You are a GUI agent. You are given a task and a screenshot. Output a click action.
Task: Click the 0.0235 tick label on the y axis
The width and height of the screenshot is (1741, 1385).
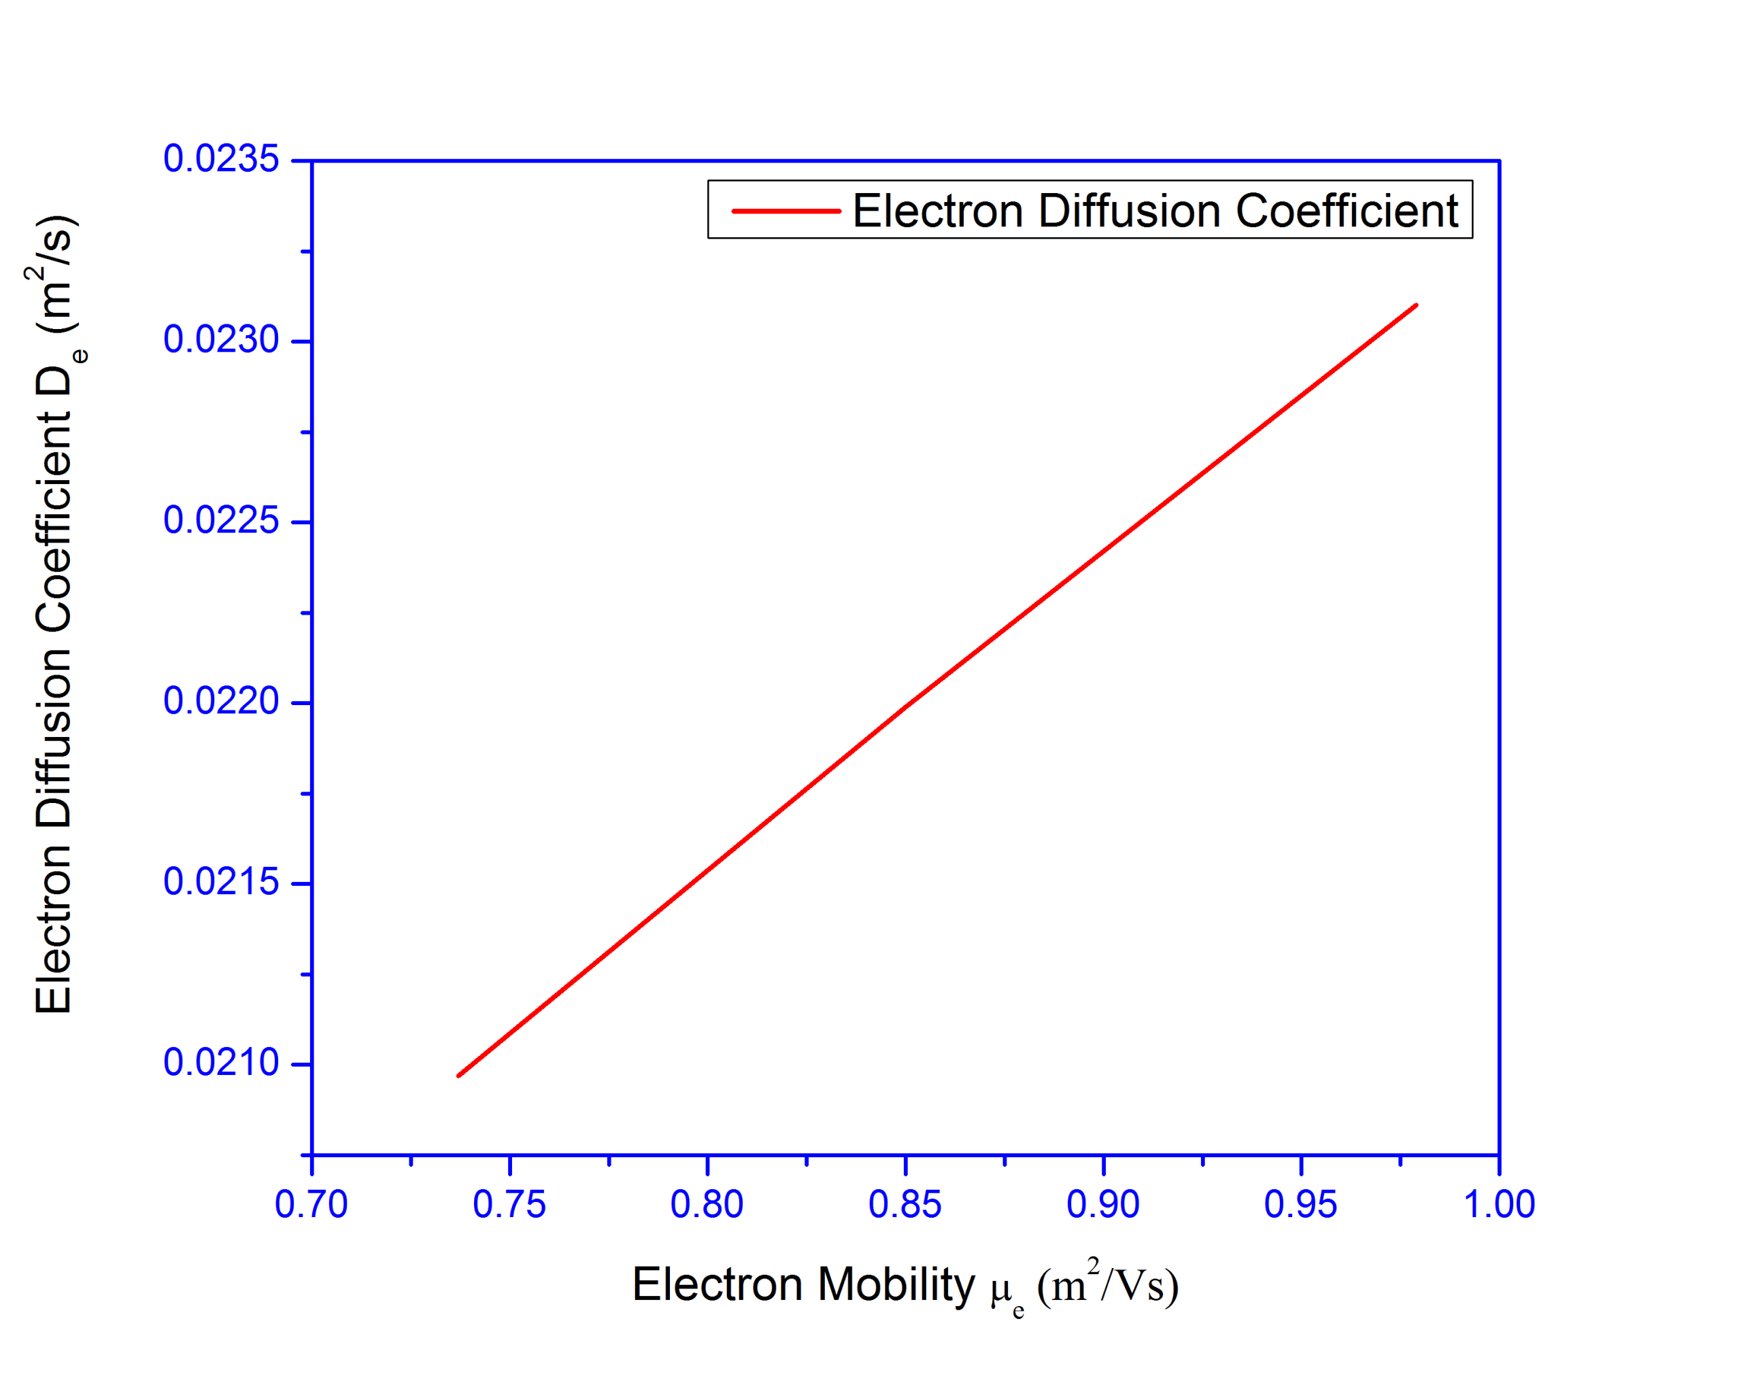[220, 159]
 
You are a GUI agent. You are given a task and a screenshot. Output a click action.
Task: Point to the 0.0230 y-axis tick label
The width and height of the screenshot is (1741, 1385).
[220, 340]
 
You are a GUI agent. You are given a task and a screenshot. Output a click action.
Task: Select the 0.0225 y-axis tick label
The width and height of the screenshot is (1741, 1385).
[220, 521]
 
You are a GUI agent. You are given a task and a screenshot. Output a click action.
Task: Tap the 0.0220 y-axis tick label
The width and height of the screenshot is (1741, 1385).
[220, 702]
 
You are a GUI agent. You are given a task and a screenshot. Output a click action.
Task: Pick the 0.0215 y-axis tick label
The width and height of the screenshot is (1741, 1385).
[220, 882]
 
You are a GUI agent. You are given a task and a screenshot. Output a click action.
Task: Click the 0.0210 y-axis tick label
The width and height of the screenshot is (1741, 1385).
[220, 1063]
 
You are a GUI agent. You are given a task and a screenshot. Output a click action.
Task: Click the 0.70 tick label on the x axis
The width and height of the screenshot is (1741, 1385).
[311, 1204]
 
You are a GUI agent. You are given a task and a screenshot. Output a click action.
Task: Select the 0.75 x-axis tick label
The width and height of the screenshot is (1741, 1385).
[509, 1204]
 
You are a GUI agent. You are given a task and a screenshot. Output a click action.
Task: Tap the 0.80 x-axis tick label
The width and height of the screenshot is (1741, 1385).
[707, 1204]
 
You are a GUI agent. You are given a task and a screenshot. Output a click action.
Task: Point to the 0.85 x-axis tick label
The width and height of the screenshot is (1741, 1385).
[905, 1204]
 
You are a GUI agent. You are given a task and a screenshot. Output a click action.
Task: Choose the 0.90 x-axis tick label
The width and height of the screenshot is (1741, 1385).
[1102, 1204]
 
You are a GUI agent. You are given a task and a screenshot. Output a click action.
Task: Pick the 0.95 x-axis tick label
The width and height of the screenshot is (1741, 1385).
[1300, 1204]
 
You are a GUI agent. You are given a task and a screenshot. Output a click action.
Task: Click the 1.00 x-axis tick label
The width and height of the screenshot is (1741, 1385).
[1499, 1204]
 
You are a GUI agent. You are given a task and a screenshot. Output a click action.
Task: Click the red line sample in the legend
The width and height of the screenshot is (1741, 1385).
[785, 211]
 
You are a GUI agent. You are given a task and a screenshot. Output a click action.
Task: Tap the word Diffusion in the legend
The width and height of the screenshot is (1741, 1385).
[1129, 211]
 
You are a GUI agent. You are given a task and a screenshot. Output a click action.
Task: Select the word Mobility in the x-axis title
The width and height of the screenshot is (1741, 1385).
[896, 1284]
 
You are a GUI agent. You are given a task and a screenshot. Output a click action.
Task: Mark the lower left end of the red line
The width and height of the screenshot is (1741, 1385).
[458, 1075]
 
